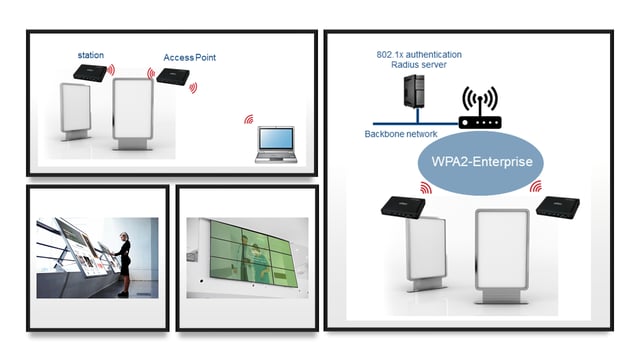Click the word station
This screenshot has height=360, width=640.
pos(91,54)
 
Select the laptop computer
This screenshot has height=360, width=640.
pos(274,145)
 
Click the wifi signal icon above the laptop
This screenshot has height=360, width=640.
pos(248,120)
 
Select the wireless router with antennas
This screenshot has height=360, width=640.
pos(479,112)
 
